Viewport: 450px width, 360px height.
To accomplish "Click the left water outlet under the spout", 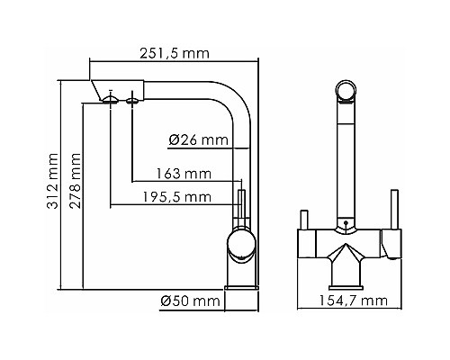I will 112,101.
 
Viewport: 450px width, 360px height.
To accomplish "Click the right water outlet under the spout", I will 134,101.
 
